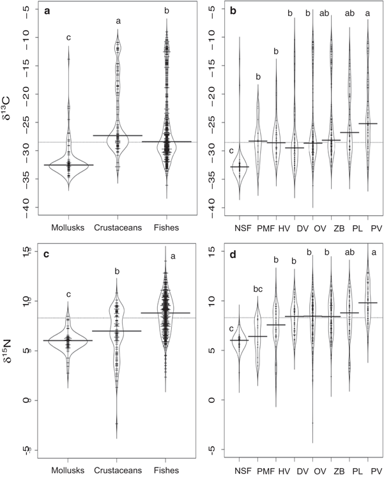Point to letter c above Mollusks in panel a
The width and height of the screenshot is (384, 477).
pyautogui.click(x=68, y=38)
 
